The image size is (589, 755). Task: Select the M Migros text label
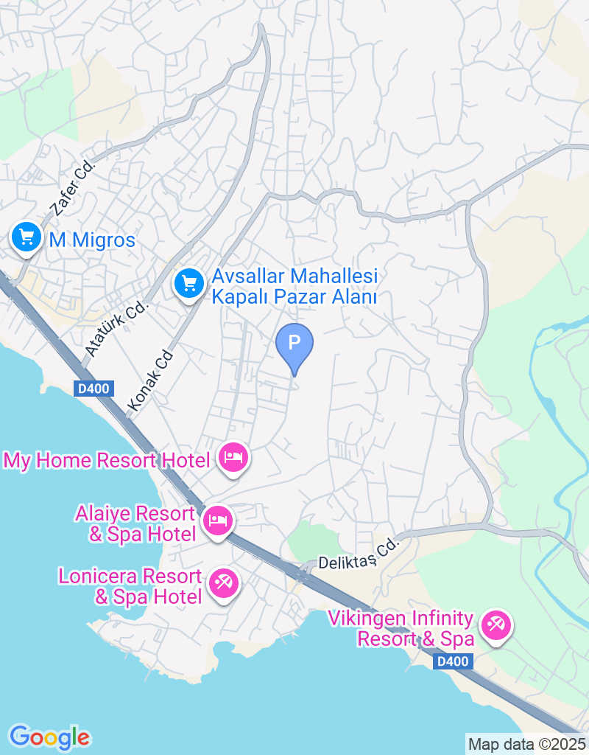(92, 240)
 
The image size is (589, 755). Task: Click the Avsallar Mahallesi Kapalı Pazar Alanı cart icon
(189, 282)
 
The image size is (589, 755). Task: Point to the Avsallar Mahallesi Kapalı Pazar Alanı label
(294, 287)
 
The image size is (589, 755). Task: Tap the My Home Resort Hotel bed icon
(233, 458)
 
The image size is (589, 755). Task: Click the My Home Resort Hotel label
(107, 461)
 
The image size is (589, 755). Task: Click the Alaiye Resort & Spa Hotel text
(135, 523)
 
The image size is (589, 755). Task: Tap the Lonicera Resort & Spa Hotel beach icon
(223, 583)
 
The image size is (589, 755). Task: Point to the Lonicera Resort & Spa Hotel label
(130, 586)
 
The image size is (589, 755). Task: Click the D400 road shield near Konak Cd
(94, 389)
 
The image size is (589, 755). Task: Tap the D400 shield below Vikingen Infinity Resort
(452, 661)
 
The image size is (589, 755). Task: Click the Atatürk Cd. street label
(116, 328)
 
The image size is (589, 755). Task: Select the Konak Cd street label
(150, 380)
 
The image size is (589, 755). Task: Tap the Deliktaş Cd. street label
(358, 555)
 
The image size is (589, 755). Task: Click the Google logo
(49, 737)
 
